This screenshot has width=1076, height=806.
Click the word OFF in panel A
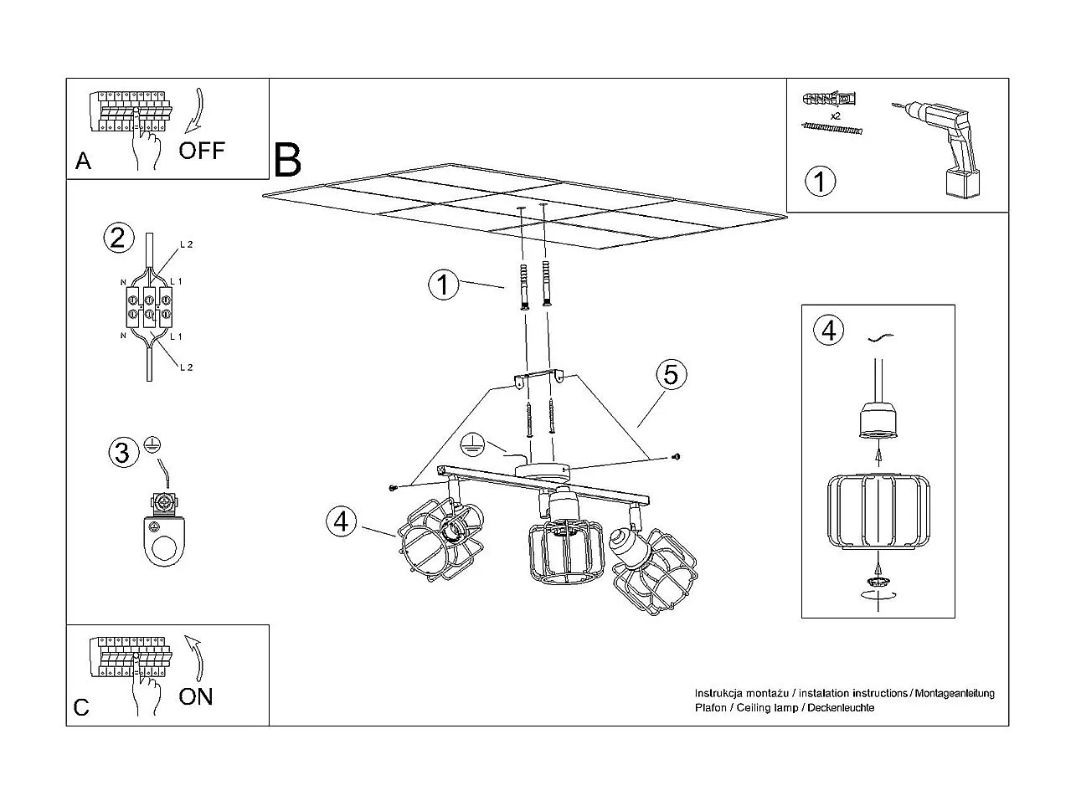(202, 151)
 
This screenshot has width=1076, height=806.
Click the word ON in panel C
(196, 696)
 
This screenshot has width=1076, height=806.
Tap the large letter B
(287, 159)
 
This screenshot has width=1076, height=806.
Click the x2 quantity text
(835, 115)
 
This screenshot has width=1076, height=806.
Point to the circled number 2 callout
(118, 238)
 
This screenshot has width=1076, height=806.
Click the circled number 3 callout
(122, 453)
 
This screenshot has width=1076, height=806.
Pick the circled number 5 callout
(671, 375)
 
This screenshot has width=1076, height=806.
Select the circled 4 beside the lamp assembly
(341, 521)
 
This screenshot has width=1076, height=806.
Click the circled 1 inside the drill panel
(820, 181)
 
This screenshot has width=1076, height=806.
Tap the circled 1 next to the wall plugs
(443, 285)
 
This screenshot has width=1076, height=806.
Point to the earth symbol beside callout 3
(152, 445)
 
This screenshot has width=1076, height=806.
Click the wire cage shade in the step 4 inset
(877, 511)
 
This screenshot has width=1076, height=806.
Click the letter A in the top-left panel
(83, 161)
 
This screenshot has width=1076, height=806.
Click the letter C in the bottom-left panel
(81, 708)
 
